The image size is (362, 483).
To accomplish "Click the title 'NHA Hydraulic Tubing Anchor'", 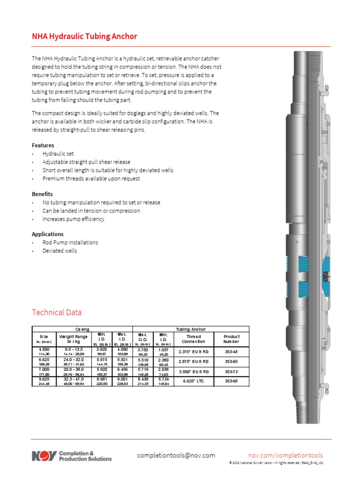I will point(84,36).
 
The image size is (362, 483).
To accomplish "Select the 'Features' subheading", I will point(43,145).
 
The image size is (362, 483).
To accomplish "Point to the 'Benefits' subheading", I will point(42,194).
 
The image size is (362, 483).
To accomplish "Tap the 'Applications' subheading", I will point(48,234).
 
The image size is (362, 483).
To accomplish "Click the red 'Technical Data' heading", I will point(57,312).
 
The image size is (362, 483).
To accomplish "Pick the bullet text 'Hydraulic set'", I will point(58,154).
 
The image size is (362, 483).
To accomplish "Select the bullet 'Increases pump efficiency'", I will point(73,219).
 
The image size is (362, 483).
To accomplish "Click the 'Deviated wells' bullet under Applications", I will point(59,251).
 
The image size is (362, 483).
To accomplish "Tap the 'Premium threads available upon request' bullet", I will point(91,179).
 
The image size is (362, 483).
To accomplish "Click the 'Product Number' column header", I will point(231,339).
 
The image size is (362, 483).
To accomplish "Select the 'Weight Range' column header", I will point(73,339).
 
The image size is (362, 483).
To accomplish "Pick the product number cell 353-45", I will point(231,351).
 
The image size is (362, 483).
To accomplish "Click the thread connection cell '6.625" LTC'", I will point(193,381).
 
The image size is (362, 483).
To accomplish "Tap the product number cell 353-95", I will point(231,381).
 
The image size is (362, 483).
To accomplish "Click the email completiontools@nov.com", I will point(176,455).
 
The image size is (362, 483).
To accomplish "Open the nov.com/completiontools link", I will point(285,455).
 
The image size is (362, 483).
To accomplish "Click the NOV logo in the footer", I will point(44,456).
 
